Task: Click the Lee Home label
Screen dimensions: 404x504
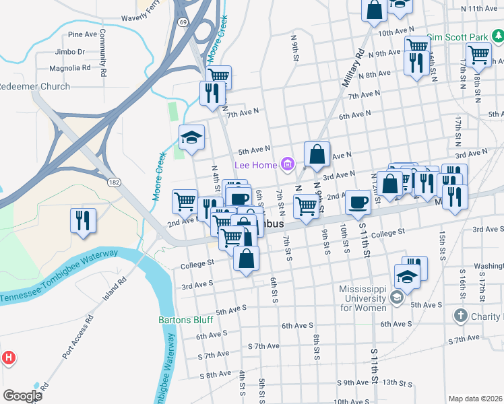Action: [x=255, y=165]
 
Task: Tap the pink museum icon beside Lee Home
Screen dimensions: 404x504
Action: [x=288, y=164]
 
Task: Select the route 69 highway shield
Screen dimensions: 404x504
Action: [x=183, y=22]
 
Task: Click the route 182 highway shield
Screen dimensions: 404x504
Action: [x=115, y=182]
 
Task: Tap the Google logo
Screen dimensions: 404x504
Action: [x=22, y=395]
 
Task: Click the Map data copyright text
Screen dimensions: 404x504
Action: [x=475, y=399]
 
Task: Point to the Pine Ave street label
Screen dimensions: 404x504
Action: [x=83, y=34]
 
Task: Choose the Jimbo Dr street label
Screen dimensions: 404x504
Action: [x=71, y=51]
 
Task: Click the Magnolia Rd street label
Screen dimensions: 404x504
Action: [x=70, y=68]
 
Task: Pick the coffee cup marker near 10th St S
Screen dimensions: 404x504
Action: [x=358, y=201]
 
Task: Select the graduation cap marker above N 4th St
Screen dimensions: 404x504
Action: [x=192, y=138]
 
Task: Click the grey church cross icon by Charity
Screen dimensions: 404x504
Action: [x=460, y=315]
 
